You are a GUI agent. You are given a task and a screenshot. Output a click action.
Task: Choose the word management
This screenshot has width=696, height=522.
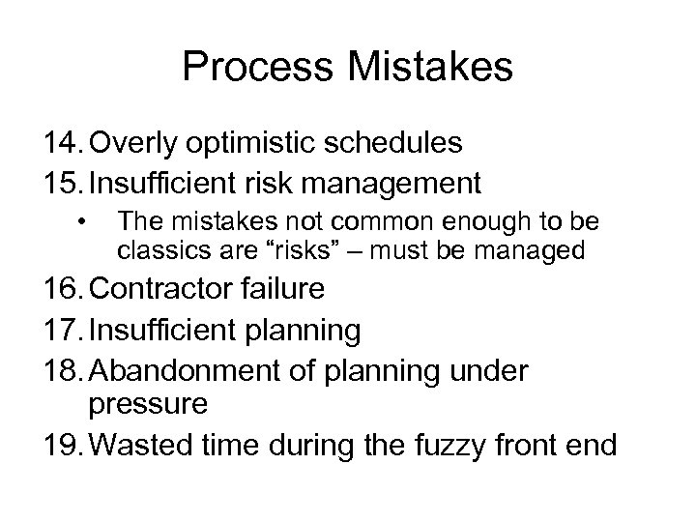[x=405, y=182]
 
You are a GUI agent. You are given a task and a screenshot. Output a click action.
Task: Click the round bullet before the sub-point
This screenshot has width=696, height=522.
[x=86, y=223]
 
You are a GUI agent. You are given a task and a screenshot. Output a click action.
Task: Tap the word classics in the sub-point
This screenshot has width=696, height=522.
[x=153, y=251]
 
